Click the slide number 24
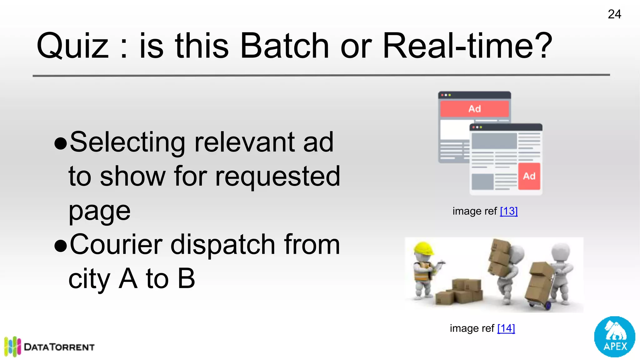click(614, 14)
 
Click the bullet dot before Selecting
click(61, 143)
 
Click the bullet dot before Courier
click(61, 246)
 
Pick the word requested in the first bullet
click(277, 177)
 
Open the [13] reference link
click(509, 211)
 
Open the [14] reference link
click(506, 328)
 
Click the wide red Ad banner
click(474, 109)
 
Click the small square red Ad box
click(529, 176)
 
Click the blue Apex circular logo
click(614, 337)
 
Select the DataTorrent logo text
click(59, 347)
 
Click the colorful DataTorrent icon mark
click(12, 347)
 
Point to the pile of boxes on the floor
click(459, 292)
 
